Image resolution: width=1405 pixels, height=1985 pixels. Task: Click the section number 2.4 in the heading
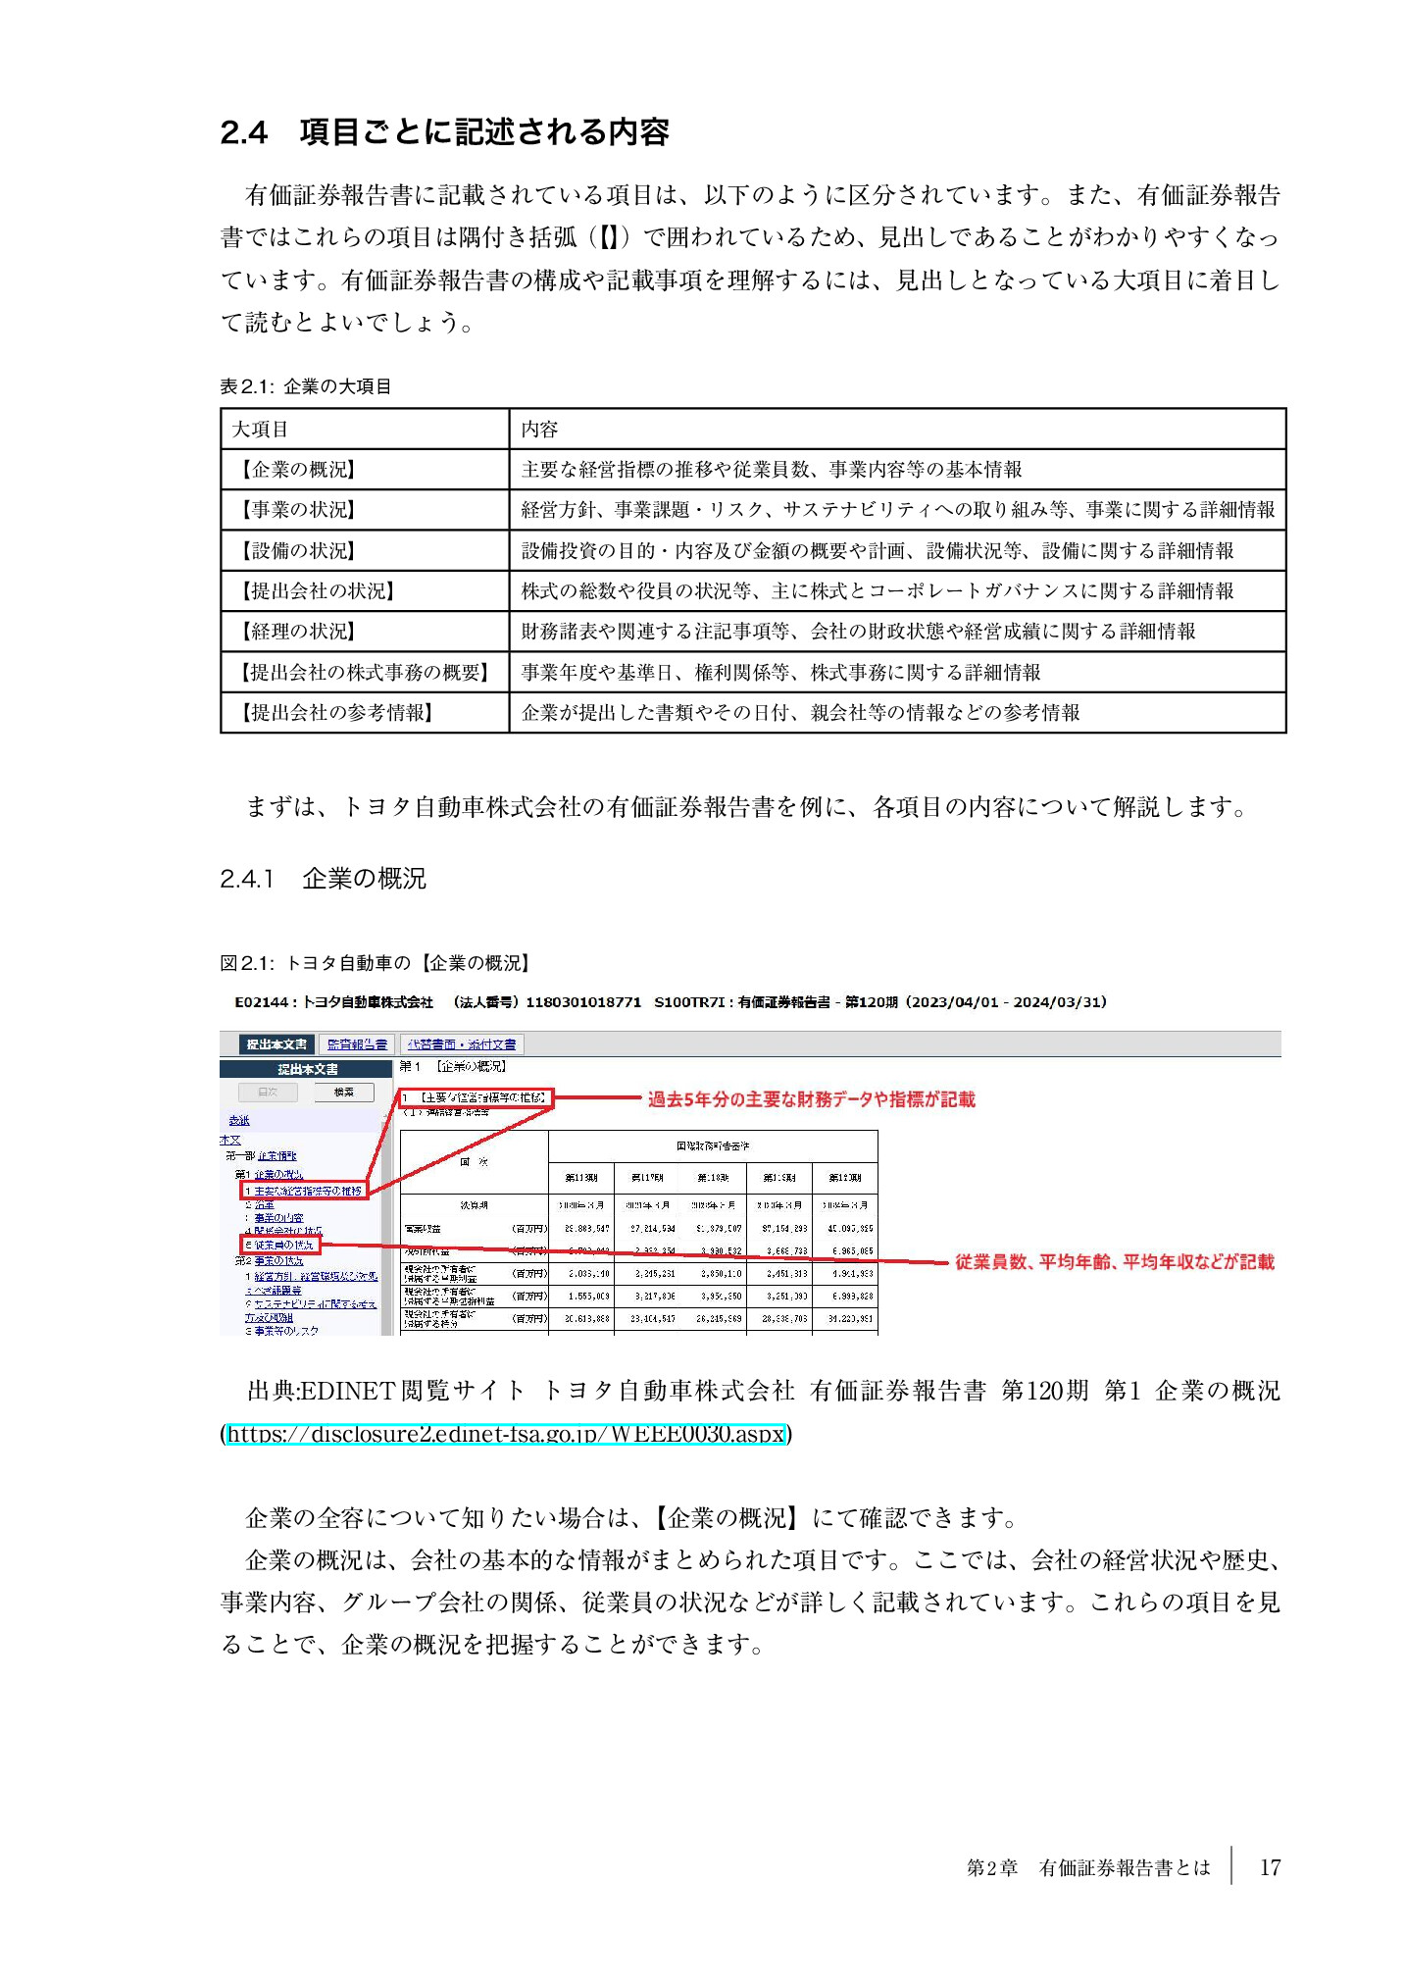coord(243,132)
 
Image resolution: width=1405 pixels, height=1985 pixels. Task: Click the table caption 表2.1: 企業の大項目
coord(305,386)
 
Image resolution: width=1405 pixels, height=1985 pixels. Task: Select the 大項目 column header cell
coord(364,429)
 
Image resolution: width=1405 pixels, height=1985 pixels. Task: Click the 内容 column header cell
coord(896,429)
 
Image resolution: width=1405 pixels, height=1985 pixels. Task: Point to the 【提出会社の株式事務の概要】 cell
coord(364,673)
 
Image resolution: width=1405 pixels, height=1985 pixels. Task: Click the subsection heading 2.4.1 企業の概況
coord(323,879)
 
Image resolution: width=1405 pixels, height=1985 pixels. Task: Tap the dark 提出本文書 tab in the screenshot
coord(276,1044)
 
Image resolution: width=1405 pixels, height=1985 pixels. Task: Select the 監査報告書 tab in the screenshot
coord(357,1044)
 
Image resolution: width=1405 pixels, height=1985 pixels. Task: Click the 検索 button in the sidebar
coord(344,1092)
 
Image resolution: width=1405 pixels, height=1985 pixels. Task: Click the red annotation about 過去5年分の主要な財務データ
coord(811,1099)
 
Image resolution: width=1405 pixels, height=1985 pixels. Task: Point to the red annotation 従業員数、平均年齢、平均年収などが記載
coord(1114,1262)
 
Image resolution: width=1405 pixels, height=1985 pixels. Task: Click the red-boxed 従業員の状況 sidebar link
coord(280,1246)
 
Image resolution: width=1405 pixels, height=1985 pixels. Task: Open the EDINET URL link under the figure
coord(506,1434)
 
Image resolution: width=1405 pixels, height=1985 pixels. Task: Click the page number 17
coord(1270,1867)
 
